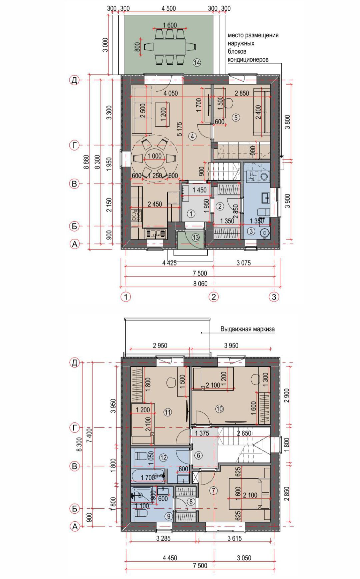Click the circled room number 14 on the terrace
(197, 62)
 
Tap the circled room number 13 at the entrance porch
(195, 237)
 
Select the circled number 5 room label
(236, 117)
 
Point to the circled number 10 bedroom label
(219, 409)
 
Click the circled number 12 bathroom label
(163, 458)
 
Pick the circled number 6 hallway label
(198, 455)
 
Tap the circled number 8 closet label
(191, 502)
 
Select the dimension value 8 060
(200, 284)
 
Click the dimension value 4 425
(169, 263)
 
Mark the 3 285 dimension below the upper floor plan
(163, 538)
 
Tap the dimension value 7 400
(89, 439)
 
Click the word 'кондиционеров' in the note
(248, 60)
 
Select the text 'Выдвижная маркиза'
(248, 329)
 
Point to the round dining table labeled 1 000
(154, 157)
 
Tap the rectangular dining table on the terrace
(170, 47)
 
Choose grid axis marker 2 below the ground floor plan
(213, 296)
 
